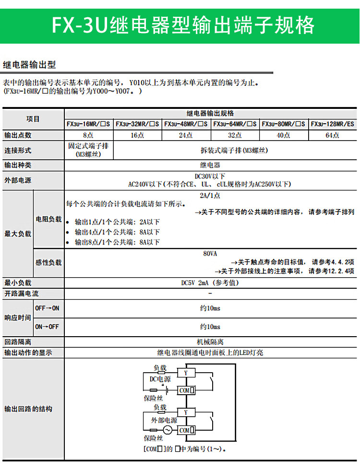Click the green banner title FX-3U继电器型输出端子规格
(183, 25)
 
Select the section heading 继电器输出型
(29, 64)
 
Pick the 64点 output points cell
(332, 135)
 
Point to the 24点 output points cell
(186, 135)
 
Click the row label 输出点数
(18, 135)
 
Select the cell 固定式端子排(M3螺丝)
(88, 150)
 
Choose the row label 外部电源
(18, 180)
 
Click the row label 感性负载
(48, 263)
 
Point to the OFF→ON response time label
(47, 308)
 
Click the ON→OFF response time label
(47, 327)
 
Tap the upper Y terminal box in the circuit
(186, 372)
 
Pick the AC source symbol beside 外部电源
(168, 430)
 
